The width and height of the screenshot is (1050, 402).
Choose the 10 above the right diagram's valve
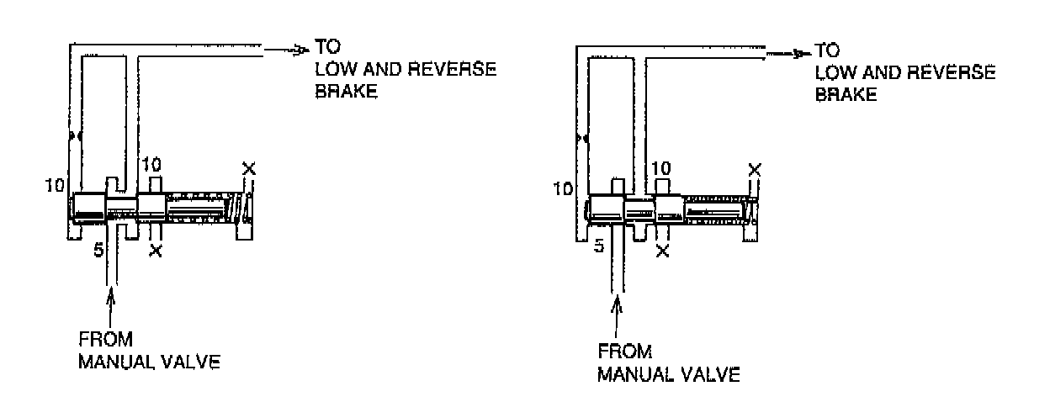(x=662, y=169)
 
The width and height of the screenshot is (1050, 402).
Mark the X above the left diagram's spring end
(x=248, y=169)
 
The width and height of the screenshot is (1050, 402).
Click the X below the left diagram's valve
(x=155, y=251)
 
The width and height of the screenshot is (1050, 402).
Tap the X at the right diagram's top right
(x=755, y=171)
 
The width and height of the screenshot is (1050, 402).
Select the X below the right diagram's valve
(x=662, y=251)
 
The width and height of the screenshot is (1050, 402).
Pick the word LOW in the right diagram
(x=835, y=73)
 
